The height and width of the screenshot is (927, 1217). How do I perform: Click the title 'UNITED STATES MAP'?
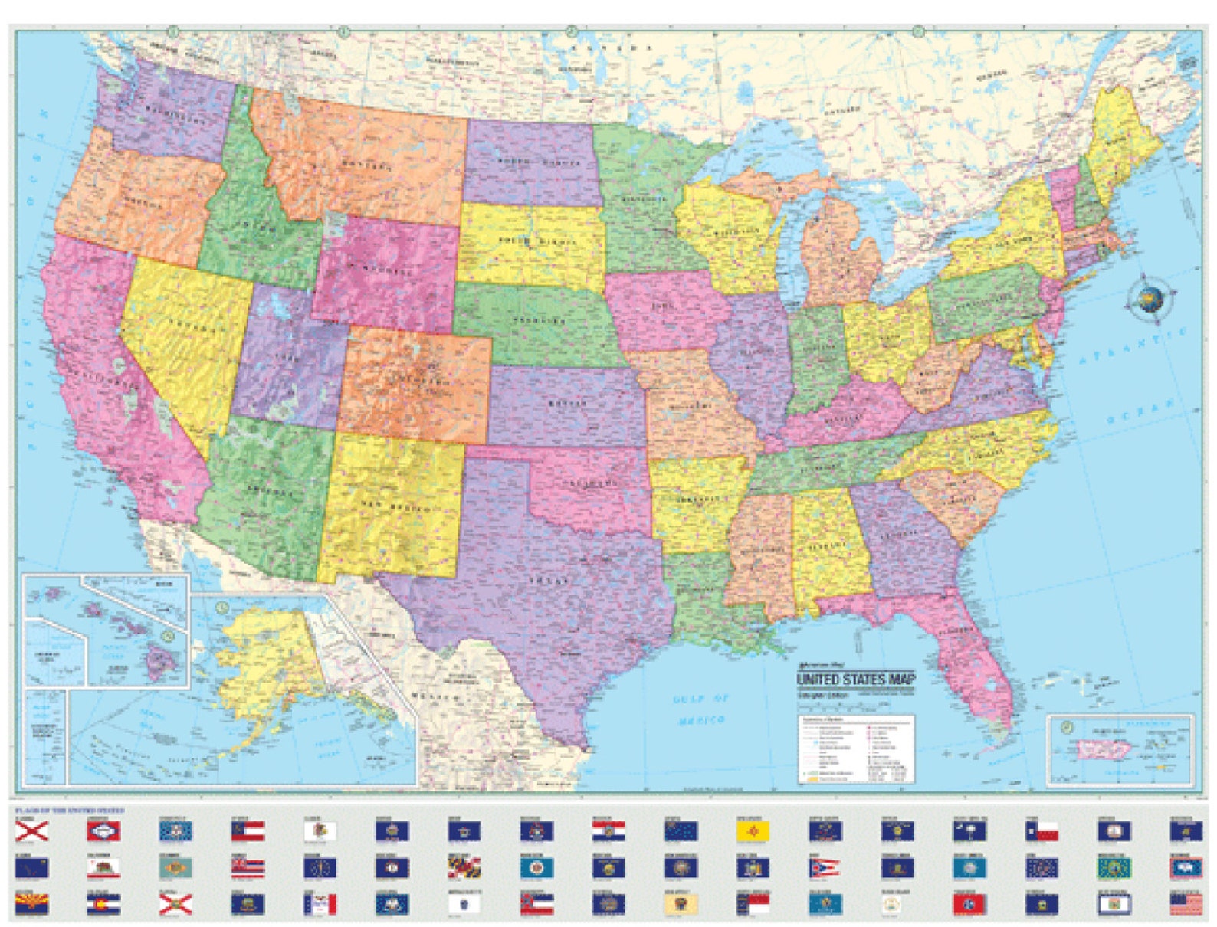point(855,680)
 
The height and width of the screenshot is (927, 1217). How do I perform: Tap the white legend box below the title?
point(856,748)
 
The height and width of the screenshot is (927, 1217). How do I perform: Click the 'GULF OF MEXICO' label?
point(701,709)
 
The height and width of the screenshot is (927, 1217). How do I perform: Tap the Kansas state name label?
point(567,403)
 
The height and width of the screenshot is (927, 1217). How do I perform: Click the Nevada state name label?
point(183,326)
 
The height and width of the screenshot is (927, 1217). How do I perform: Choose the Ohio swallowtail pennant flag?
point(824,868)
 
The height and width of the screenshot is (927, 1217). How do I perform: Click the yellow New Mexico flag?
point(752,831)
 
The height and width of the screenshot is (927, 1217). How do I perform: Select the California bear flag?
point(103,868)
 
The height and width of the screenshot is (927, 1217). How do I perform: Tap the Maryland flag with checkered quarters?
point(464,868)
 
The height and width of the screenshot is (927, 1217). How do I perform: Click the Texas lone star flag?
point(1042,831)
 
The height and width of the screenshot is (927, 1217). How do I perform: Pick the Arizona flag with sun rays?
point(31,904)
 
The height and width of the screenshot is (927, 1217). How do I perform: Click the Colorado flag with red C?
point(103,905)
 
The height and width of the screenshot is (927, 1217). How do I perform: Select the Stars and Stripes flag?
point(1186,905)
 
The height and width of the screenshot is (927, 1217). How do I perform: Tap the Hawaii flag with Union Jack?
point(248,868)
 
